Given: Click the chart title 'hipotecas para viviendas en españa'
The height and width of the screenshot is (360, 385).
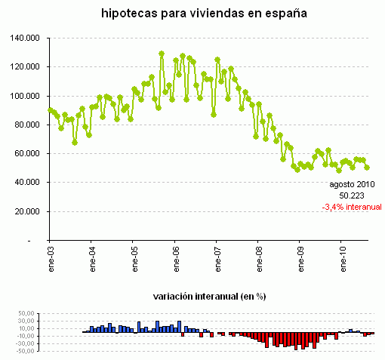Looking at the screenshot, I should point(192,14).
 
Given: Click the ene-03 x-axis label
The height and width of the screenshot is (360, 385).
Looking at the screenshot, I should point(50,256).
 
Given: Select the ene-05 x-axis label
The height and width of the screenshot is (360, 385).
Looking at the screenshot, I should point(134,256).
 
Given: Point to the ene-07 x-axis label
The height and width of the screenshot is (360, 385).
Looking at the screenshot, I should point(218,256).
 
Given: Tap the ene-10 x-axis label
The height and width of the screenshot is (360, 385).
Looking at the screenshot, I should point(344,256).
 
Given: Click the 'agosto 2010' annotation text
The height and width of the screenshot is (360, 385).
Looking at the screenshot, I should point(352,183).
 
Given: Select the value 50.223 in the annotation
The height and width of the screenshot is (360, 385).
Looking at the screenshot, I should point(352,194).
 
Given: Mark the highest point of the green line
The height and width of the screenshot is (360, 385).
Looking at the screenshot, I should point(162,54).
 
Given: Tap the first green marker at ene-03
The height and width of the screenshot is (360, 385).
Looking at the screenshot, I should point(50,110).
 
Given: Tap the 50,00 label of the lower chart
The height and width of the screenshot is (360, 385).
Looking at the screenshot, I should point(27,312).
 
